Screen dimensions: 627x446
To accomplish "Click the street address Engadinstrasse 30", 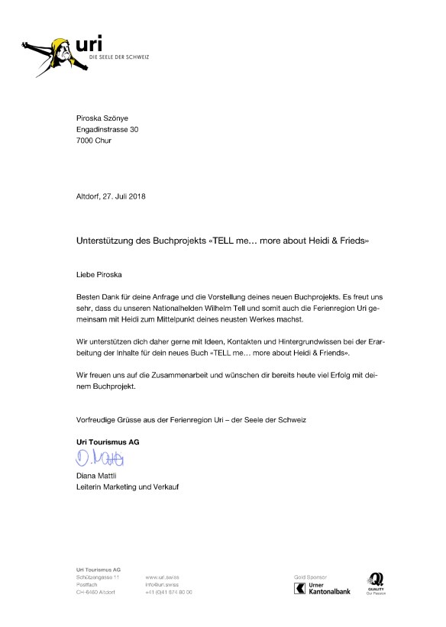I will [x=108, y=130].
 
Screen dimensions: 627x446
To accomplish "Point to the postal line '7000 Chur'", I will [x=94, y=141].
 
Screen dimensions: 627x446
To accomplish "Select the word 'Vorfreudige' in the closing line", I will [x=98, y=420].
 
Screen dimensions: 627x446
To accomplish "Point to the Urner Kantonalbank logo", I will [x=322, y=587].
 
